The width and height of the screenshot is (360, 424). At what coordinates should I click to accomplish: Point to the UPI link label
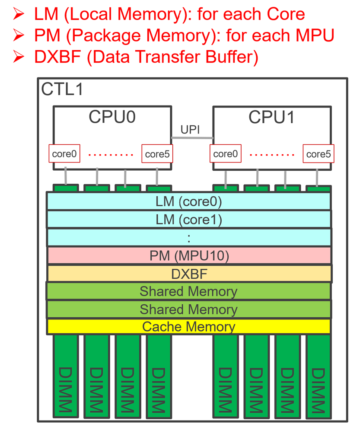pyautogui.click(x=190, y=130)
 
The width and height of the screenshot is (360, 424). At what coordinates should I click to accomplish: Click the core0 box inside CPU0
pyautogui.click(x=64, y=154)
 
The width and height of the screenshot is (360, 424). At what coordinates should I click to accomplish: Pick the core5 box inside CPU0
pyautogui.click(x=157, y=154)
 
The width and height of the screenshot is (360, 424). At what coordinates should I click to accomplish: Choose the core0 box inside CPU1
pyautogui.click(x=226, y=154)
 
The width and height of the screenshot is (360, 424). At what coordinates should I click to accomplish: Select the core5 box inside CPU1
pyautogui.click(x=319, y=154)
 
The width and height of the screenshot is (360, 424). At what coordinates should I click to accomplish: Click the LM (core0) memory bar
pyautogui.click(x=189, y=201)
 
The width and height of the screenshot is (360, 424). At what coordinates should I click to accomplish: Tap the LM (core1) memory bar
pyautogui.click(x=189, y=220)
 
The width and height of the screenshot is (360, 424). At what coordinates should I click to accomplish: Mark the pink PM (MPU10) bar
pyautogui.click(x=189, y=255)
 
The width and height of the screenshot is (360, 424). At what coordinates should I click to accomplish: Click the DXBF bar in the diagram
pyautogui.click(x=189, y=274)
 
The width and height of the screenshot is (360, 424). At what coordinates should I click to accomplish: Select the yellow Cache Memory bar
pyautogui.click(x=189, y=327)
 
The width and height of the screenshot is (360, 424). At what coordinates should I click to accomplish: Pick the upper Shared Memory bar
pyautogui.click(x=189, y=291)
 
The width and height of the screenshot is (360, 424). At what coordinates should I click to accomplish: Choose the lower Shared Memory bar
pyautogui.click(x=189, y=309)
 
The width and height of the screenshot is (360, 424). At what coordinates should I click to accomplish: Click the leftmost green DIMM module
pyautogui.click(x=66, y=376)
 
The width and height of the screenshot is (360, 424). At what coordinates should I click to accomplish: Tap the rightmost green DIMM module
pyautogui.click(x=318, y=376)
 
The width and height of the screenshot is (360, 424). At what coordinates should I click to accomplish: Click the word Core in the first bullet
pyautogui.click(x=284, y=14)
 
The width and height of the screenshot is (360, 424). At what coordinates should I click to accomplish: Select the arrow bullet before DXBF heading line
pyautogui.click(x=19, y=57)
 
